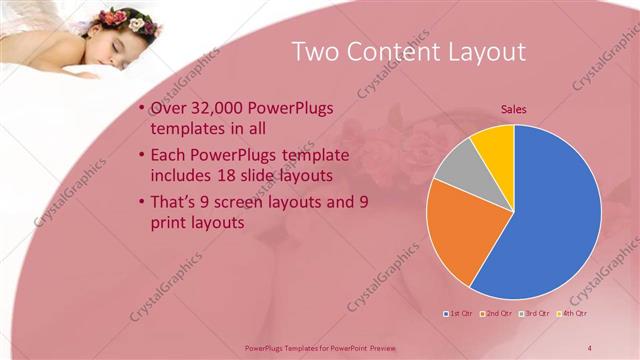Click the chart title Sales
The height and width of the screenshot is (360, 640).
(513, 109)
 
